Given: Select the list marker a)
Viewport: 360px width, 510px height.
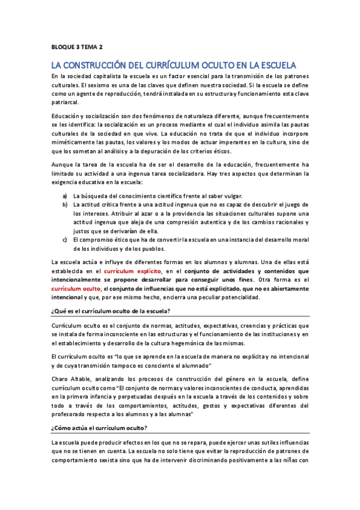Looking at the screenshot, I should coord(65,196).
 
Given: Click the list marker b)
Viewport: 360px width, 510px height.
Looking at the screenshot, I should coord(65,205).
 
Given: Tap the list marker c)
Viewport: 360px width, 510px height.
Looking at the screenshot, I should coord(65,240).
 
